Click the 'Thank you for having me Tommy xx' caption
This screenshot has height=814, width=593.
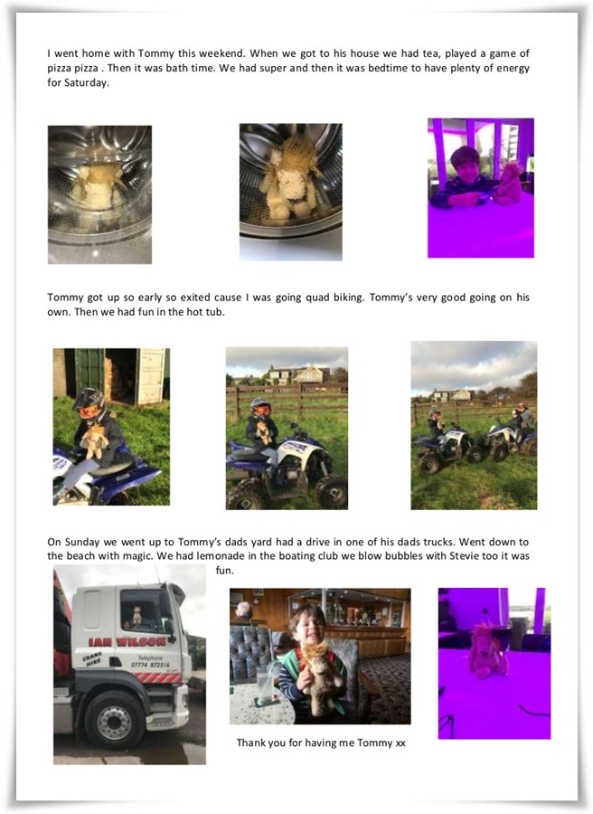321,743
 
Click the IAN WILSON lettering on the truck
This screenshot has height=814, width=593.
127,641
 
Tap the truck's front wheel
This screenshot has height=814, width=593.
115,722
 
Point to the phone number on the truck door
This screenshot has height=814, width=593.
150,665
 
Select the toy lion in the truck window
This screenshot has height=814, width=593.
136,616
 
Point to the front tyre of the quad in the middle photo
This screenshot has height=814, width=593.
331,491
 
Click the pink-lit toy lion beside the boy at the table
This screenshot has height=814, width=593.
507,184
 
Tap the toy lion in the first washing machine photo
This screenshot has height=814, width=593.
99,184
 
